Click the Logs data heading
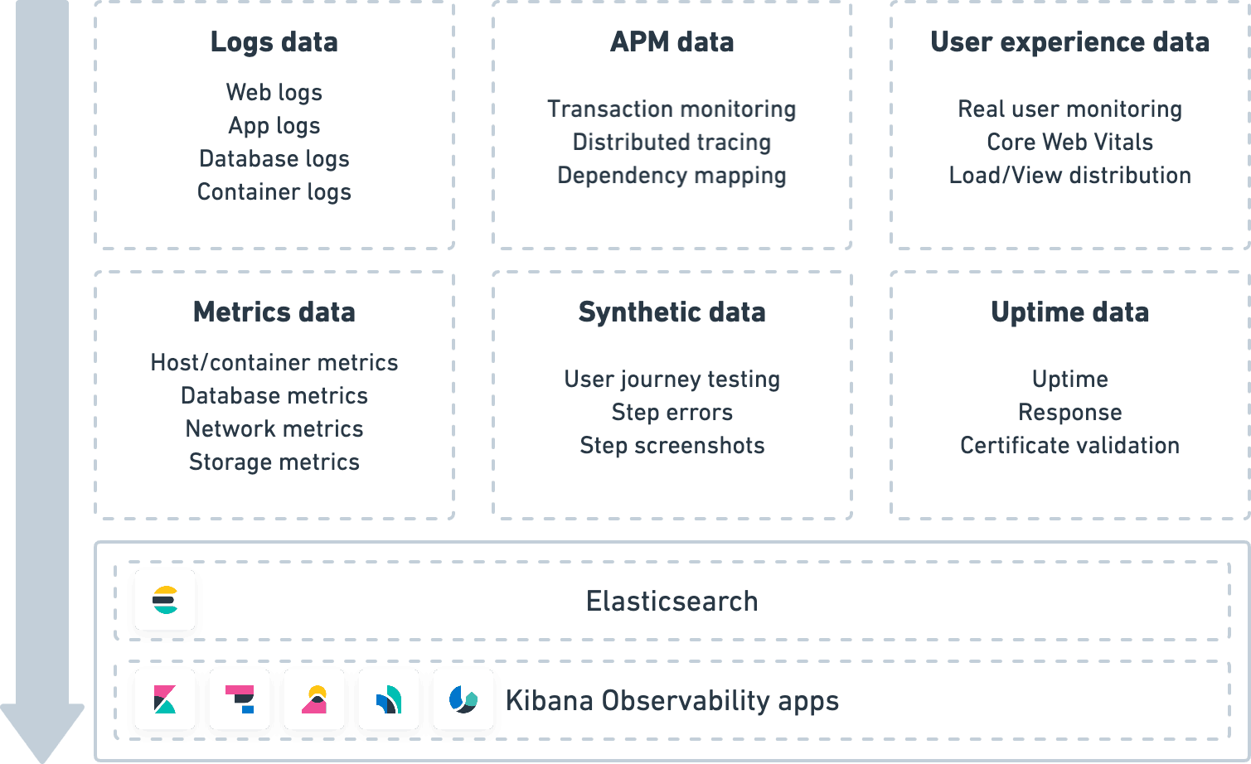274,42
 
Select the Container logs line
274,192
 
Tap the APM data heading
672,42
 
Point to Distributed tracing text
672,143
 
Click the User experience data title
1069,42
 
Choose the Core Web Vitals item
1069,143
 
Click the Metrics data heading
274,312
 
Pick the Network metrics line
274,429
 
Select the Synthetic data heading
672,312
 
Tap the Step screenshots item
672,446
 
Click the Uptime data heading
1069,312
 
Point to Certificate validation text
1069,446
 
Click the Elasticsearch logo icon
165,600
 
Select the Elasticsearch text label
672,602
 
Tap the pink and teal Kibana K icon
165,699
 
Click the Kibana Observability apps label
672,701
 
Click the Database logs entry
274,159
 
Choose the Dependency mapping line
672,176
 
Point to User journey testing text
672,380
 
